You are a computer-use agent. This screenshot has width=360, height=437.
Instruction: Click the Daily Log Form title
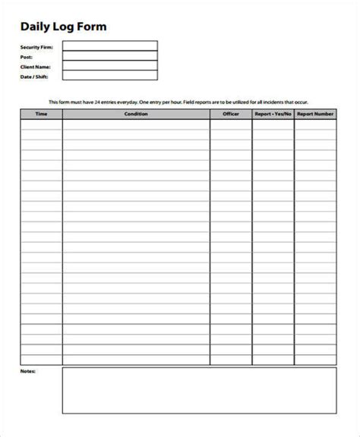63,27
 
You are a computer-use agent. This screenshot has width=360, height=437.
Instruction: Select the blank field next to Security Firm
109,46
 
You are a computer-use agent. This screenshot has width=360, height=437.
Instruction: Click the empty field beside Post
109,56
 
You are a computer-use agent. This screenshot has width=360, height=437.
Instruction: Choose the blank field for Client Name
109,65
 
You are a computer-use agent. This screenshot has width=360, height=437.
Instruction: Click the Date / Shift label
33,75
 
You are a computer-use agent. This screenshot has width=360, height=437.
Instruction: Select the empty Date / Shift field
109,75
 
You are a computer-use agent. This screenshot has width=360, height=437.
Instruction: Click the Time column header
41,114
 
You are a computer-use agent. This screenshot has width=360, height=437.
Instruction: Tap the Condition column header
136,114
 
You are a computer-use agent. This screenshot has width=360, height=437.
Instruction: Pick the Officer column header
231,114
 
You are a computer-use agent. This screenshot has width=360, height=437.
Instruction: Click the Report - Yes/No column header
273,114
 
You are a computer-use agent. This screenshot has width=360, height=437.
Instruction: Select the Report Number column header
315,114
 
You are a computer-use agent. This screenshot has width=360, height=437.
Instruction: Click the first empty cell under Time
41,123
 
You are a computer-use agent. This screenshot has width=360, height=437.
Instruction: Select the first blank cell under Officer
231,123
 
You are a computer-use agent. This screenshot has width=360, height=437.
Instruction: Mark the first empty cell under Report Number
315,123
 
